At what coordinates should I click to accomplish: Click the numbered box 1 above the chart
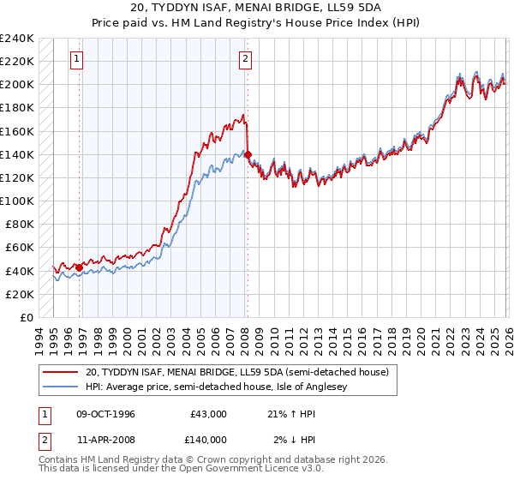click(x=77, y=58)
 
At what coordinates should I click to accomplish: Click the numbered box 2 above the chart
click(x=245, y=58)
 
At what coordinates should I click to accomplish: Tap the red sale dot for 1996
click(x=80, y=267)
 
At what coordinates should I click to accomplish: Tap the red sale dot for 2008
click(x=248, y=154)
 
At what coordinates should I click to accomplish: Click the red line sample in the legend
click(x=60, y=372)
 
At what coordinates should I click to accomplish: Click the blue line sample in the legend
click(x=60, y=387)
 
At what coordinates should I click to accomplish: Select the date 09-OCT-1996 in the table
click(x=105, y=414)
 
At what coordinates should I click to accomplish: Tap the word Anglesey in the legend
click(x=374, y=387)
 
